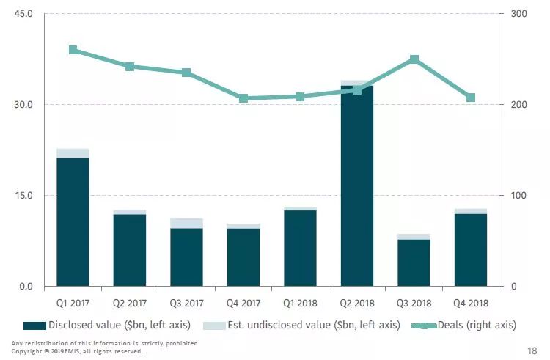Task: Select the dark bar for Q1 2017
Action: tap(73, 221)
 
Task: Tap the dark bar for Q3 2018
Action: tap(414, 262)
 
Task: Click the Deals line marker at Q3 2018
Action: tap(414, 59)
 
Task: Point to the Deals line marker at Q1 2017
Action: tap(73, 50)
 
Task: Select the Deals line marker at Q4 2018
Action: tap(471, 98)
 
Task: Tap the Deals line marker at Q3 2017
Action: tap(186, 73)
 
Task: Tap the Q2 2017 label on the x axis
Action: tap(129, 303)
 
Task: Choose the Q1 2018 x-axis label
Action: tap(300, 303)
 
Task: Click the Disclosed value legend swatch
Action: tap(34, 325)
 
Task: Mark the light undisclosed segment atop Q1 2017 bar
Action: tap(73, 153)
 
